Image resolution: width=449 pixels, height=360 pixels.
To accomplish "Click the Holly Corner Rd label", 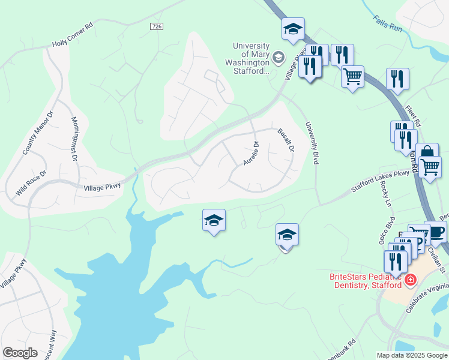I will [x=73, y=43].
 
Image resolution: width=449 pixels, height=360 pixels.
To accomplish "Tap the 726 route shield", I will [x=157, y=27].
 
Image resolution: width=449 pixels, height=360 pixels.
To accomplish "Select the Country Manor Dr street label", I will [x=37, y=133].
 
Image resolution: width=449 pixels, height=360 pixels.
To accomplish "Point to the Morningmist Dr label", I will [x=74, y=139].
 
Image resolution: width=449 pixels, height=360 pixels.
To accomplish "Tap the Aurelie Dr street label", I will [x=251, y=153].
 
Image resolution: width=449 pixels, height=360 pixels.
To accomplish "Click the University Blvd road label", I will [x=311, y=143].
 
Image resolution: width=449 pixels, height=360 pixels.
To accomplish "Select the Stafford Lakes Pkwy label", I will [x=380, y=181].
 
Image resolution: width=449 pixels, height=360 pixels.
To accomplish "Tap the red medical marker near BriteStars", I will [x=411, y=280].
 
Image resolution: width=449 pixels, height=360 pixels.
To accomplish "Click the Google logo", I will [x=20, y=352].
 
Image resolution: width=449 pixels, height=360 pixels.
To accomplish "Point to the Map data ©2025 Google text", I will [x=412, y=355].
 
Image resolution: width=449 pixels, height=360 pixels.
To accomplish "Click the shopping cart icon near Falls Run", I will [x=352, y=77].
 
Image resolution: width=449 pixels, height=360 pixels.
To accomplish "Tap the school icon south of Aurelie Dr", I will [x=214, y=220].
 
